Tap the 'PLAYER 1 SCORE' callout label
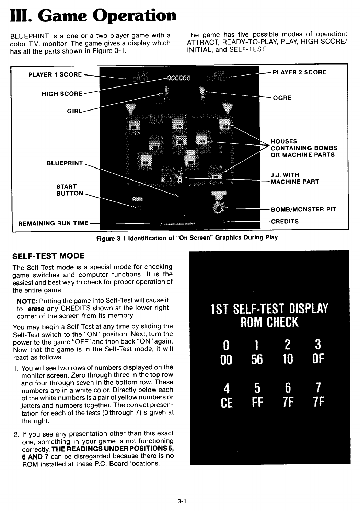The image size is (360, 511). coord(55,74)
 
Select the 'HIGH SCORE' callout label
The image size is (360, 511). coord(62,94)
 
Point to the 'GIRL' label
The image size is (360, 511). coord(74,111)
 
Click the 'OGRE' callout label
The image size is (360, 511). coord(282,98)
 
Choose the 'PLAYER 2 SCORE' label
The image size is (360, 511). coord(299,72)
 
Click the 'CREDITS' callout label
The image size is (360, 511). coord(285,221)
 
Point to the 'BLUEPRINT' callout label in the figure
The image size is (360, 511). coord(65,163)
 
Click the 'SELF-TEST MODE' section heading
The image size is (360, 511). coord(48,256)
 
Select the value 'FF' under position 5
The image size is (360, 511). coord(257,402)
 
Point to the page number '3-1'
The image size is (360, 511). coord(182,501)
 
